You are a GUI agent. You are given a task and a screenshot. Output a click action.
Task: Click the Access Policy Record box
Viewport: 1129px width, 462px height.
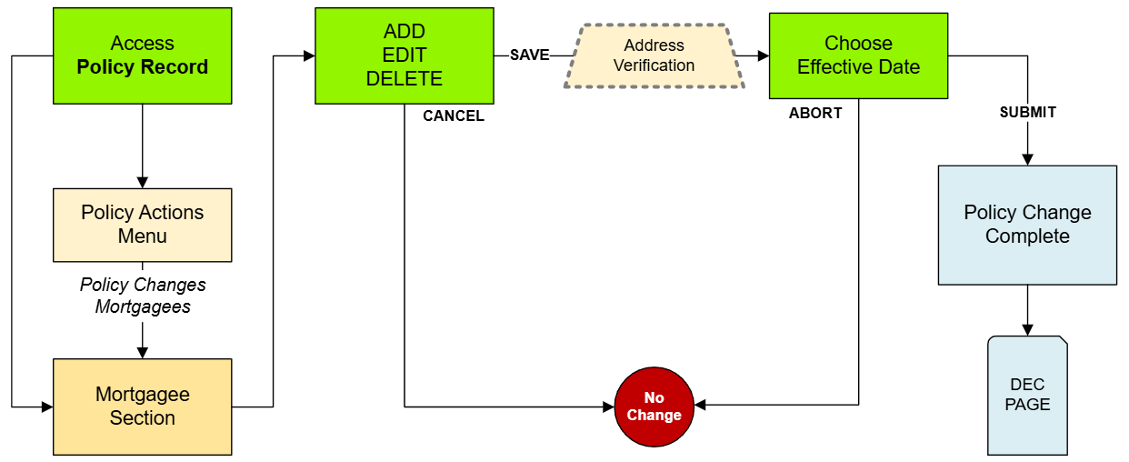142,55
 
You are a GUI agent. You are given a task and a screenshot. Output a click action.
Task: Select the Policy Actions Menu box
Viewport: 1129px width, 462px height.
142,225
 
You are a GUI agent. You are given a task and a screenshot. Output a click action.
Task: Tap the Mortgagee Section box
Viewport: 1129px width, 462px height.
142,407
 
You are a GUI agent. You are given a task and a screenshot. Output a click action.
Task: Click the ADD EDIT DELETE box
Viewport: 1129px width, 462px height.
404,55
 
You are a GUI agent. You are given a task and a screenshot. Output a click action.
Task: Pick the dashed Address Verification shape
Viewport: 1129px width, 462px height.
654,55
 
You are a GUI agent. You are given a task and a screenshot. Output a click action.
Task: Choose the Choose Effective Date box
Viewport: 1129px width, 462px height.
858,55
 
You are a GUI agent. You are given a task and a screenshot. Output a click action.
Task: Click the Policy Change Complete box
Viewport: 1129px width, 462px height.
1027,225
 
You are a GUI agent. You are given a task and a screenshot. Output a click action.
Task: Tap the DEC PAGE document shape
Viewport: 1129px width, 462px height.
1027,396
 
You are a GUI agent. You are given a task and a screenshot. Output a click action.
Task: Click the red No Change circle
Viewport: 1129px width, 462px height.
654,407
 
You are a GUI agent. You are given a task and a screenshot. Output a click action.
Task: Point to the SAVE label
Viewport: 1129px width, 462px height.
529,55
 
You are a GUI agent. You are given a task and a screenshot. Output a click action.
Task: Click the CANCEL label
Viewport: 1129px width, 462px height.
454,116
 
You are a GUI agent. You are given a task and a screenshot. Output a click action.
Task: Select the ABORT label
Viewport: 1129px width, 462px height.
815,114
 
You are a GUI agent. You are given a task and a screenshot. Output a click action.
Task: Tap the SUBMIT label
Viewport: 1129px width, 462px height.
1027,113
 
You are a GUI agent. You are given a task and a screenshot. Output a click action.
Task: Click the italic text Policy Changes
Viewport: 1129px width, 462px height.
143,285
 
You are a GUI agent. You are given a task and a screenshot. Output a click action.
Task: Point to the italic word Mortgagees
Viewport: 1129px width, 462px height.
143,306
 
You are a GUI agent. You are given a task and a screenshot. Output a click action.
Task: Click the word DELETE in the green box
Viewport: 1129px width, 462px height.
404,79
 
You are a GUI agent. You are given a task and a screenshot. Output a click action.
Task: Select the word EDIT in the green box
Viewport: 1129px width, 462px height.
404,55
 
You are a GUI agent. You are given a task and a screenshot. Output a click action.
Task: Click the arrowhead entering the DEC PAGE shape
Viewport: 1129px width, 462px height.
1027,329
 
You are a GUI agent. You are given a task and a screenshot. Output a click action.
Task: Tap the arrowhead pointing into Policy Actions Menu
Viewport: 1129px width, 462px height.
142,182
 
